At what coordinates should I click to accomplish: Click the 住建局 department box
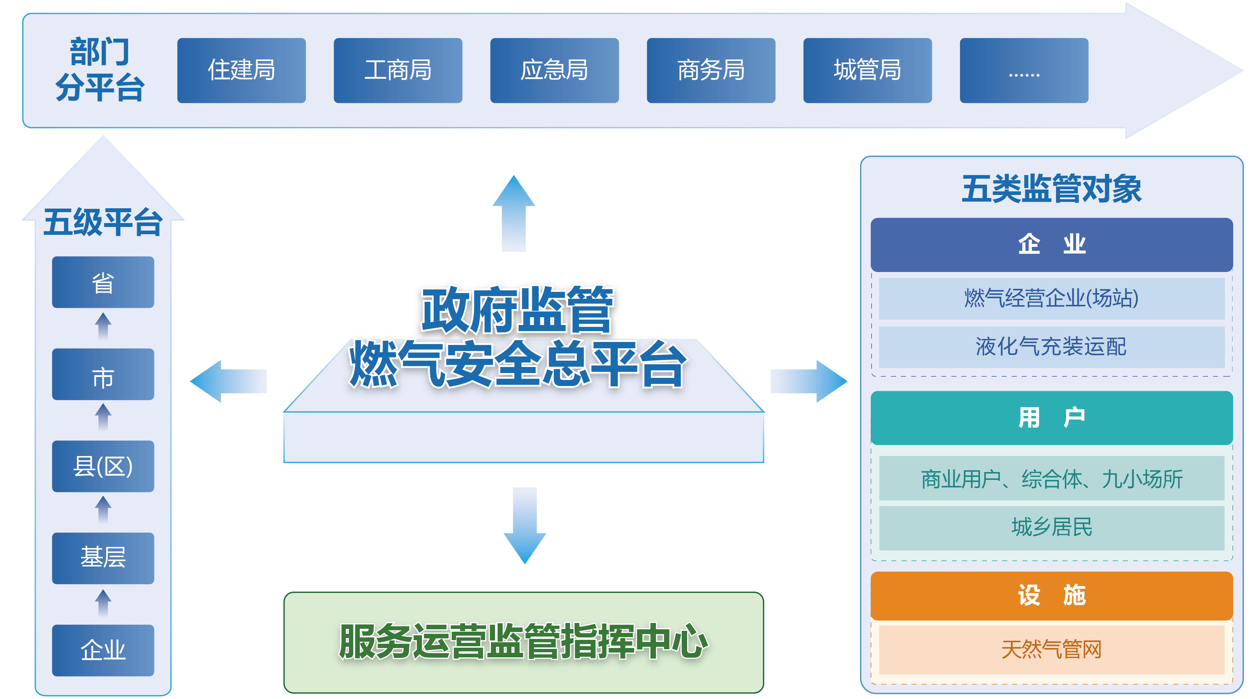241,71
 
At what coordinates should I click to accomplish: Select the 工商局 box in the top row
398,71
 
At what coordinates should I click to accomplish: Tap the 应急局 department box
554,71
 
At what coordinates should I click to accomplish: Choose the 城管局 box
867,71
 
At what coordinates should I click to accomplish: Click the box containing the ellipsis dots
1023,71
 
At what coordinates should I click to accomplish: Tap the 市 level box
103,374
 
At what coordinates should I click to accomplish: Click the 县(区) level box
103,466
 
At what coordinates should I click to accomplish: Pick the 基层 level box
103,558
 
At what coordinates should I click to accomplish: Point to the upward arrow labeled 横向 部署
514,214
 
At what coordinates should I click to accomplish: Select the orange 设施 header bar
1051,595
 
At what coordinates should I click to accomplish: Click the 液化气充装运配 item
1051,346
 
